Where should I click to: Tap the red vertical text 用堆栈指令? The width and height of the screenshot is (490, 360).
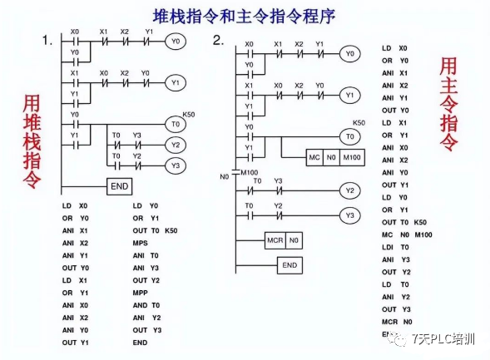[31, 141]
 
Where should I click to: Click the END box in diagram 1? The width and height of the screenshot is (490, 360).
[119, 186]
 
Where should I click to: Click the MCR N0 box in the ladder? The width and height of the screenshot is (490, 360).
[283, 240]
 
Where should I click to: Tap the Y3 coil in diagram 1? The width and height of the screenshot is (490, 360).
[174, 165]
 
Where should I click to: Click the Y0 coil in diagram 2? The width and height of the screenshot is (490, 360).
[350, 54]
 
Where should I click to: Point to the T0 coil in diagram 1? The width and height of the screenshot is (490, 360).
[174, 124]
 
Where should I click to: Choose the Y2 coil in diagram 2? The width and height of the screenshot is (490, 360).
[350, 190]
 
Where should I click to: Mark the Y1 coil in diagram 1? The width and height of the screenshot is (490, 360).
[174, 82]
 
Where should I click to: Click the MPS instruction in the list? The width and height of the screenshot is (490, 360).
[140, 244]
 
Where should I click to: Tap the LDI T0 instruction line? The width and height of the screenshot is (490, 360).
[395, 248]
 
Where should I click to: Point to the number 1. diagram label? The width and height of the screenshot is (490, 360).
[47, 40]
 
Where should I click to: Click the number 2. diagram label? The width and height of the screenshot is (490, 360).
[218, 40]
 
